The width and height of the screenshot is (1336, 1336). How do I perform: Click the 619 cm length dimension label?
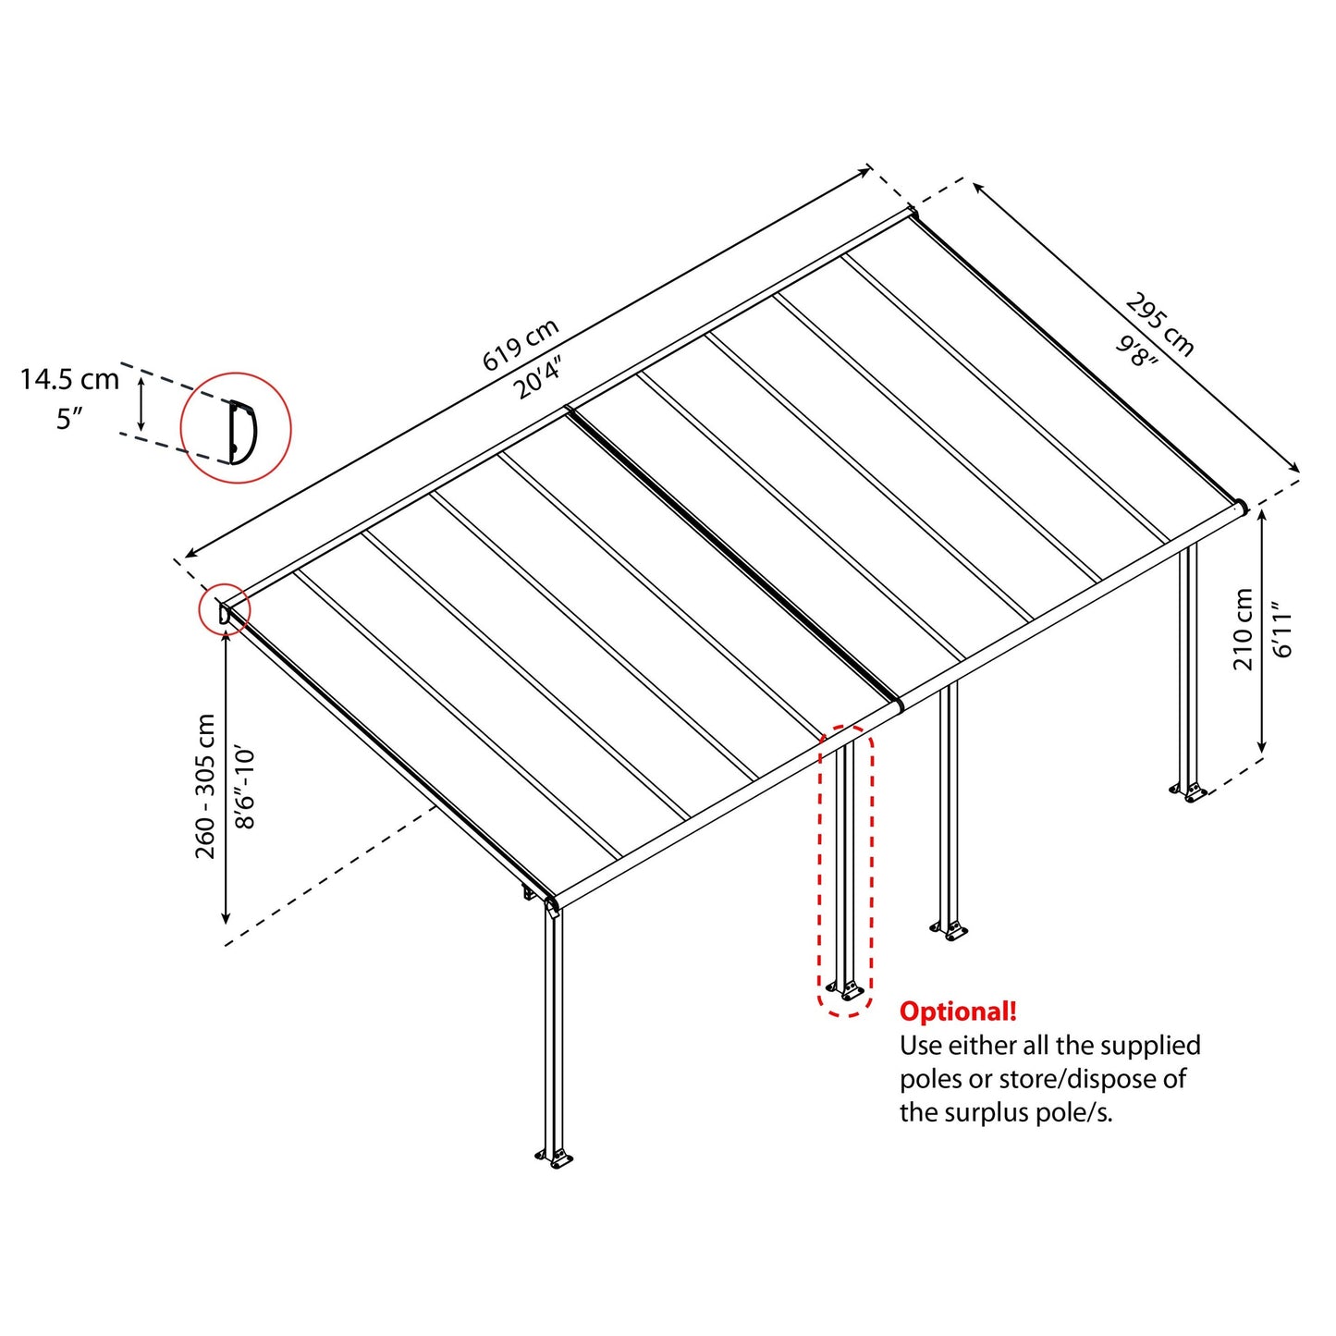pyautogui.click(x=521, y=344)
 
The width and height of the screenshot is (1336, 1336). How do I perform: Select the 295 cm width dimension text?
pyautogui.click(x=1160, y=325)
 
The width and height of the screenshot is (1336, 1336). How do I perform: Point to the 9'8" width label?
pyautogui.click(x=1137, y=351)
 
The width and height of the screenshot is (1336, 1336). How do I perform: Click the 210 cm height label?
pyautogui.click(x=1244, y=630)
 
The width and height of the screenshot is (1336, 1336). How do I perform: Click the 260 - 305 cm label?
pyautogui.click(x=205, y=786)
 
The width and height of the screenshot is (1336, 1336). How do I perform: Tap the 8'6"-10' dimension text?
pyautogui.click(x=245, y=788)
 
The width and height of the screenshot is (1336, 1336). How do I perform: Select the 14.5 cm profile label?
pyautogui.click(x=69, y=379)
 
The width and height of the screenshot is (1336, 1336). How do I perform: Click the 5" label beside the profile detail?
pyautogui.click(x=69, y=419)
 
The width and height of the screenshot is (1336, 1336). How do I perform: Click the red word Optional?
pyautogui.click(x=958, y=1011)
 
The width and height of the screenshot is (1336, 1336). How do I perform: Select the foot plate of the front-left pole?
pyautogui.click(x=556, y=1158)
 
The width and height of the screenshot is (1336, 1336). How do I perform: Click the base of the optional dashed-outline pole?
pyautogui.click(x=846, y=990)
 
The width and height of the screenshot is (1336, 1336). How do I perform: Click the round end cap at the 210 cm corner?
pyautogui.click(x=1240, y=507)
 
